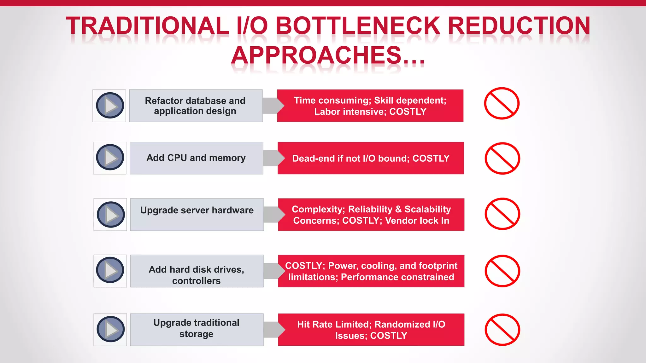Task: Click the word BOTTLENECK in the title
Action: (358, 26)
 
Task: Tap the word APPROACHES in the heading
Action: (316, 55)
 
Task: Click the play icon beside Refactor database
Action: (110, 106)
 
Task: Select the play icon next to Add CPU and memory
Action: (110, 158)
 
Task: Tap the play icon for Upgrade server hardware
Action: (111, 215)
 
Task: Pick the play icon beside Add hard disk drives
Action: (110, 270)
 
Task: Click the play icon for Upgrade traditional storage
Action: (111, 329)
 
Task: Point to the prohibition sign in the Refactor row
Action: (502, 103)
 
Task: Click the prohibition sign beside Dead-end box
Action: (502, 158)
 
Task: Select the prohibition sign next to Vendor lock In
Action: (502, 214)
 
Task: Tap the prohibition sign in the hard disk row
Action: (502, 271)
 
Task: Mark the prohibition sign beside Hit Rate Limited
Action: (502, 330)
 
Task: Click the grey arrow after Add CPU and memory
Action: (273, 158)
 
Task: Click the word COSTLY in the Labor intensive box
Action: (408, 112)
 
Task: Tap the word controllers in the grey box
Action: (196, 281)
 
